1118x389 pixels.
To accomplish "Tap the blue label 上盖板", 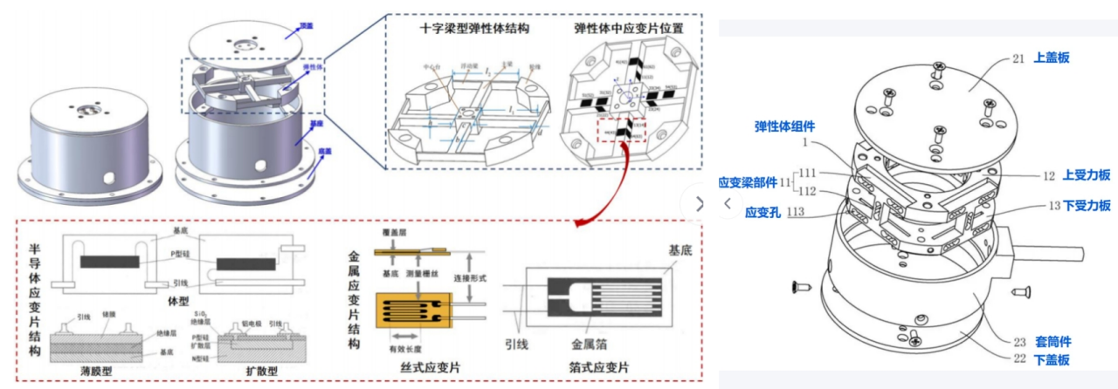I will tap(1052, 58).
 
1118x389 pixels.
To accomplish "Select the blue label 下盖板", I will tap(1052, 359).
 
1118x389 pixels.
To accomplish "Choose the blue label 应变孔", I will tap(763, 211).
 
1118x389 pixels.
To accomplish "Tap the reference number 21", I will tap(1018, 58).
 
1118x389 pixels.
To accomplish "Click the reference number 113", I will tap(796, 211).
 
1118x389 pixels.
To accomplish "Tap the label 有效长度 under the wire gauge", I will tap(414, 348).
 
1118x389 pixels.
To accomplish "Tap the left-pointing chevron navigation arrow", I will tap(727, 202).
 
